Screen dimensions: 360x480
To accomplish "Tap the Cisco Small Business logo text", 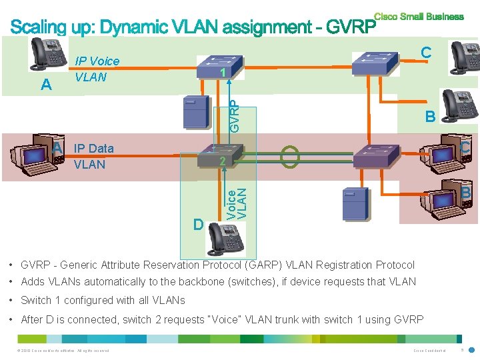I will (x=419, y=17).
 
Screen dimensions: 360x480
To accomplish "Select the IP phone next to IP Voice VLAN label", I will (x=47, y=53).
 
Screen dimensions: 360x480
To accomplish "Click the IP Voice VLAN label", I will (x=97, y=69).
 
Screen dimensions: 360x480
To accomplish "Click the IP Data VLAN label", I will (x=93, y=156).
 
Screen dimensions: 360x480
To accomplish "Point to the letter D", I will (x=197, y=224).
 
